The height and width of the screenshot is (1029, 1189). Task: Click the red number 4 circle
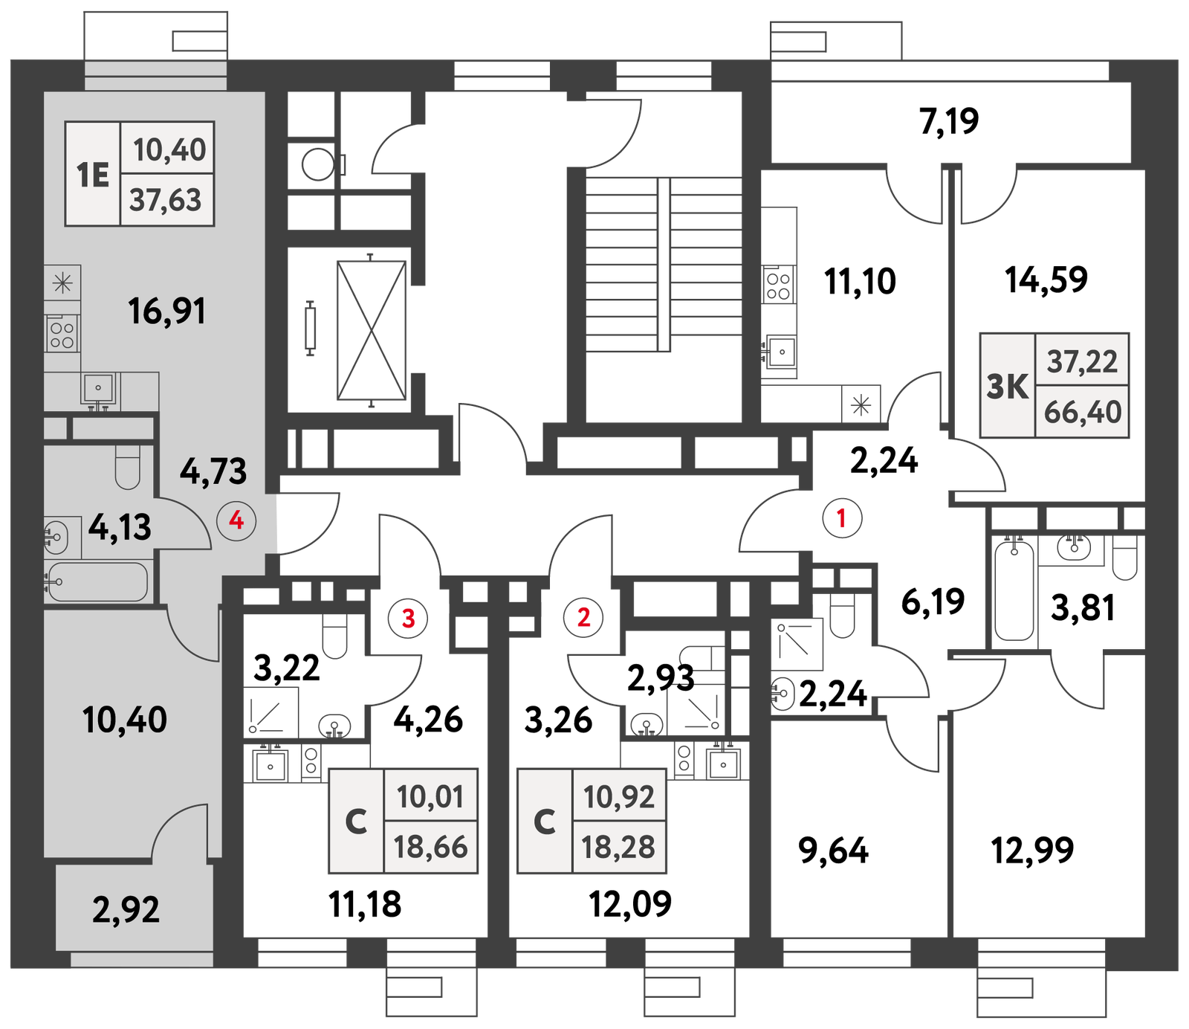click(236, 520)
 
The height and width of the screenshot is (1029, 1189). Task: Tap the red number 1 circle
click(842, 517)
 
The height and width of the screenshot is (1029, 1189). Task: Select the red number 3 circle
click(408, 617)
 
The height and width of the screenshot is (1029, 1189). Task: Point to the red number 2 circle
click(583, 617)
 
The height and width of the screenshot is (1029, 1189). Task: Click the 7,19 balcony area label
click(949, 121)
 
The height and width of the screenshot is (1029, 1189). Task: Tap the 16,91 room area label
click(166, 311)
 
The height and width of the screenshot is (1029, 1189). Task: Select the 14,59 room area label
click(1046, 280)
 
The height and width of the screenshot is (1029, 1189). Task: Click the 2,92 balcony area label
click(126, 909)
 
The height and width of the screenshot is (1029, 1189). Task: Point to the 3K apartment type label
click(1008, 387)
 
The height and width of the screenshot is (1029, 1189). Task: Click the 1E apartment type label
click(93, 175)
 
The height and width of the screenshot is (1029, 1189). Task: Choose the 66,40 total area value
click(1083, 412)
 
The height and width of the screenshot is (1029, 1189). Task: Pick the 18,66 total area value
click(431, 847)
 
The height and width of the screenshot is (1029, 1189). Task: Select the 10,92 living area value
click(619, 797)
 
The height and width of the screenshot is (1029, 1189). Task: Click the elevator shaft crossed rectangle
click(372, 330)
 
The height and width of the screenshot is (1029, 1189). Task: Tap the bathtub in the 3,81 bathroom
click(1014, 590)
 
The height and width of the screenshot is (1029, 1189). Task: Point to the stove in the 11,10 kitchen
click(778, 285)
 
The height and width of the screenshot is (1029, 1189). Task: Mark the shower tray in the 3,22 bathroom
click(271, 712)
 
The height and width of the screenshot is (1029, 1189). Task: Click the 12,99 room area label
click(1032, 850)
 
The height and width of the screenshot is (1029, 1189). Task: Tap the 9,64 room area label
click(833, 851)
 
